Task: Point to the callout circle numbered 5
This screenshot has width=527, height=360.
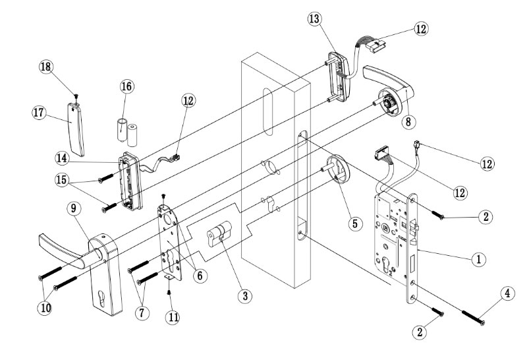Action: (x=354, y=224)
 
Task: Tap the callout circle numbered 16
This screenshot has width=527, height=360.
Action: (x=126, y=87)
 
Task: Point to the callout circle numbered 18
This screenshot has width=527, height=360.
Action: (x=47, y=67)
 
